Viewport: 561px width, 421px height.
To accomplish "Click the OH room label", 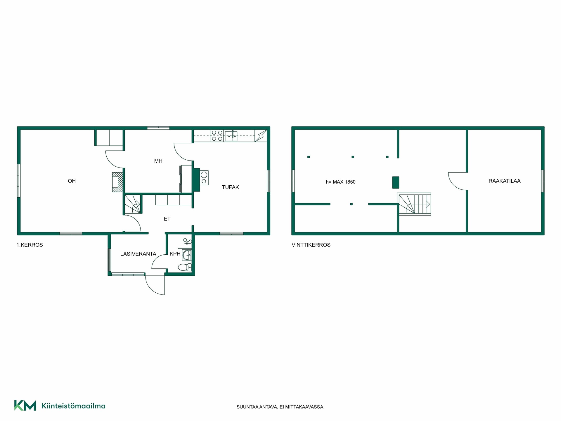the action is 72,181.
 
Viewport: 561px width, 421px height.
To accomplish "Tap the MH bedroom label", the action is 158,161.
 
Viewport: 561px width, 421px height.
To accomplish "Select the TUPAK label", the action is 231,187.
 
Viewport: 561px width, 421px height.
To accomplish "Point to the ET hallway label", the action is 167,219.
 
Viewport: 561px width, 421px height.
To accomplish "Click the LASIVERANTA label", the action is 138,254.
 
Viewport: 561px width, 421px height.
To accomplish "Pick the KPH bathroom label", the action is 175,254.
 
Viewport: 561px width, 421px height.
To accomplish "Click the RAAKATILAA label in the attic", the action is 505,181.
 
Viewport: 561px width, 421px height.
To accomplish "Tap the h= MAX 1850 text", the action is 341,182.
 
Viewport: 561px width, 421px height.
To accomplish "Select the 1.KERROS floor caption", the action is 30,245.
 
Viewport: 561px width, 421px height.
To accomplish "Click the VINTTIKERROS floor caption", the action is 311,245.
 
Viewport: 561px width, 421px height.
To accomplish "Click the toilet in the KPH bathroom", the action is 185,267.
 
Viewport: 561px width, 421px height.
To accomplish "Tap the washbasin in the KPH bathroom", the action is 187,255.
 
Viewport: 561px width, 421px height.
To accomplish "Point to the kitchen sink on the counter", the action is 231,136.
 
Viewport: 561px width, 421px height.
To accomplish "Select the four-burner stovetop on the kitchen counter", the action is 217,136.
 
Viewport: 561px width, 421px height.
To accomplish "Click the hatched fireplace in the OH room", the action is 117,182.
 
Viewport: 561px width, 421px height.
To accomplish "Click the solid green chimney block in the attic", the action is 396,182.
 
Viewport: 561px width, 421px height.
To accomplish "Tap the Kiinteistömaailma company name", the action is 73,406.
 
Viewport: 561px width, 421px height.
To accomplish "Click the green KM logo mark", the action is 25,406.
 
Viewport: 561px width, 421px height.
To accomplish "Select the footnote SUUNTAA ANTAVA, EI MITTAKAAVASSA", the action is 280,407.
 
